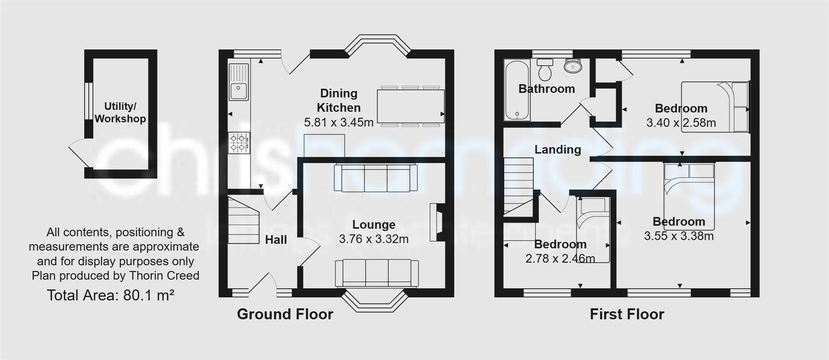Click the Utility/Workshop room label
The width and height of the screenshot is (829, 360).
[x=120, y=112]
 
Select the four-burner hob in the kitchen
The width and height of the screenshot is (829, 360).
[x=239, y=143]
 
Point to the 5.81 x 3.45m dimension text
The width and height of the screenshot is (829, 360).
[x=339, y=123]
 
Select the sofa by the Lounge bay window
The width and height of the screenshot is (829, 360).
[x=377, y=273]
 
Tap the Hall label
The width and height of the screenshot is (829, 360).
[x=276, y=240]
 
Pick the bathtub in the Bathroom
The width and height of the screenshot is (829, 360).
[x=516, y=90]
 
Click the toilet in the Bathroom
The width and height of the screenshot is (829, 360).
[x=545, y=70]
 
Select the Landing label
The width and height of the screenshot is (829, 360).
[x=557, y=150]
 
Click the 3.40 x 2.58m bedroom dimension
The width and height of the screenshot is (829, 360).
[x=681, y=123]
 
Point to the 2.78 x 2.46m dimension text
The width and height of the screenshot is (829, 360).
[x=560, y=259]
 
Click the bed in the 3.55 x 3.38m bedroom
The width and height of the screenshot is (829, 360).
[x=689, y=196]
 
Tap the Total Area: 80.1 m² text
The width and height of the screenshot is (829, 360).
[x=111, y=295]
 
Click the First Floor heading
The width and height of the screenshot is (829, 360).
[x=627, y=314]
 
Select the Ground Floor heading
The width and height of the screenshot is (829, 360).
[x=285, y=314]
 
